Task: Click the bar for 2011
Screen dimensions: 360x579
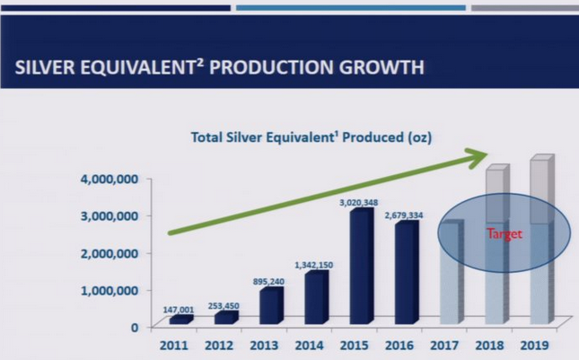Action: click(180, 319)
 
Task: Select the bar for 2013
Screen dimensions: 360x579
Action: click(270, 305)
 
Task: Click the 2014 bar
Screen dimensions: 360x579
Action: click(314, 297)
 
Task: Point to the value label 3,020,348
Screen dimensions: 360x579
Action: click(360, 202)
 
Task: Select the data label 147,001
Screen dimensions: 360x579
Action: click(180, 310)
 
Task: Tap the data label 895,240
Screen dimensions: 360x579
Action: click(269, 281)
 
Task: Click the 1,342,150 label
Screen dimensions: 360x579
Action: click(314, 265)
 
